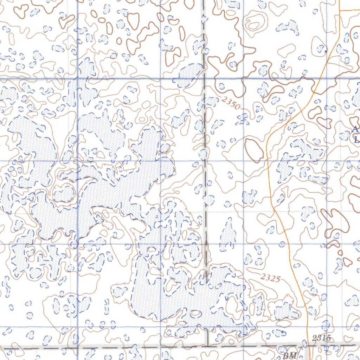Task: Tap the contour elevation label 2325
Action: (270, 278)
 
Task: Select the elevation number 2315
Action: (321, 339)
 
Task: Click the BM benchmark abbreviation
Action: (290, 355)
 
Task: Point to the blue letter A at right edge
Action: (356, 129)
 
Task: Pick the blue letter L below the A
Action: (356, 139)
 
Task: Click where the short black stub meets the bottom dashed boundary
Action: (208, 346)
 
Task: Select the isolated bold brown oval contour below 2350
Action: (254, 151)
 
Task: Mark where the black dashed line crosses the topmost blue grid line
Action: (204, 78)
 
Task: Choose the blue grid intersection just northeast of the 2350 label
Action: (243, 78)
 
